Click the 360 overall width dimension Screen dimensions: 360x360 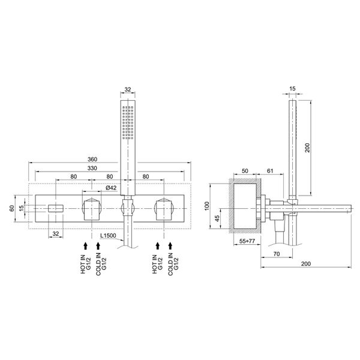point(92,159)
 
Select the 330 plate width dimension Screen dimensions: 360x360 point(92,168)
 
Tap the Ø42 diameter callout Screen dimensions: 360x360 point(111,188)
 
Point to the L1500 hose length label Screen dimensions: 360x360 point(108,236)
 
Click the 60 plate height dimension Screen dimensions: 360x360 point(12,208)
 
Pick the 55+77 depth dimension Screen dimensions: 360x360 point(247,241)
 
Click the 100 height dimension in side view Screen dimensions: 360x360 point(207,206)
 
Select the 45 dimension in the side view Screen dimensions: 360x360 point(217,218)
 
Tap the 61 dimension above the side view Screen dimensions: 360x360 point(270,171)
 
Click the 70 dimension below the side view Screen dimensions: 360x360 point(277,254)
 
